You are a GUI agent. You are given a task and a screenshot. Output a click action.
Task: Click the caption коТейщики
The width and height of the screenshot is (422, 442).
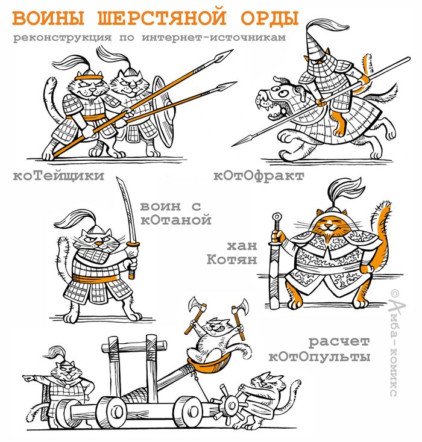coord(58,176)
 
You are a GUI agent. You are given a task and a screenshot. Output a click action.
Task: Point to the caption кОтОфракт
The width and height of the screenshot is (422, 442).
coord(259,176)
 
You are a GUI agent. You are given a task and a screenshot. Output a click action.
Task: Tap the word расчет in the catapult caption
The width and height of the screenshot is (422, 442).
coord(339,343)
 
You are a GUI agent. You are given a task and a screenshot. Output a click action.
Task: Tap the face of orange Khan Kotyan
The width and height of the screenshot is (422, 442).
coord(326,226)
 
